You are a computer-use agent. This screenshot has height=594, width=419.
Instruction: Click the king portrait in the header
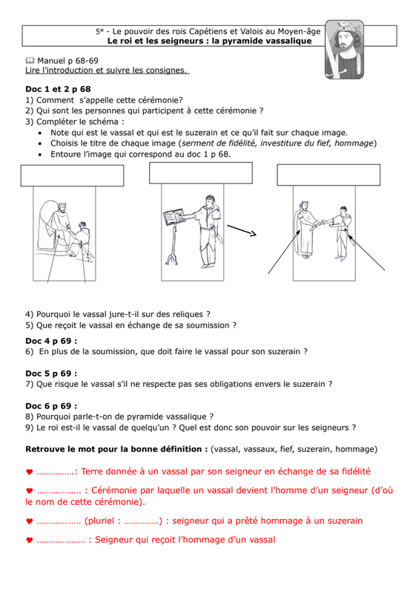(x=344, y=50)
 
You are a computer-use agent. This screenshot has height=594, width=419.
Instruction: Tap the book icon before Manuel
(x=30, y=61)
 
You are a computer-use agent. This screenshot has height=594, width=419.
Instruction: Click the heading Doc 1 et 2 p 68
(x=58, y=89)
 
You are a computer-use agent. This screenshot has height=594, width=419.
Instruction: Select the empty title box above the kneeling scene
(x=72, y=175)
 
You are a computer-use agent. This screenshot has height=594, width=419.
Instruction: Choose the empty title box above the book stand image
(x=201, y=173)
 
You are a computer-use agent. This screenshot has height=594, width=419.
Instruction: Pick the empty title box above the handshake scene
(x=329, y=174)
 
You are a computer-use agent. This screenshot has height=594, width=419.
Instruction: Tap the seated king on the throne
(x=60, y=226)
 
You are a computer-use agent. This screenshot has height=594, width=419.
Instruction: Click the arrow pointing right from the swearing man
(x=242, y=230)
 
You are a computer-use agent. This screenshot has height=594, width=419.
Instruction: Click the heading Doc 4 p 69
(x=51, y=341)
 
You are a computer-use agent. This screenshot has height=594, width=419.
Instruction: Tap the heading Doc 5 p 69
(x=51, y=373)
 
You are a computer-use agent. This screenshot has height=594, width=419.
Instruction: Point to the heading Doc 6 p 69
(x=51, y=406)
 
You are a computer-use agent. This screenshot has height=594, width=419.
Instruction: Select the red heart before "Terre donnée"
(x=30, y=472)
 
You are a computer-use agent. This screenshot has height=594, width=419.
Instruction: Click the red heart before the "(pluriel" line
(x=30, y=521)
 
